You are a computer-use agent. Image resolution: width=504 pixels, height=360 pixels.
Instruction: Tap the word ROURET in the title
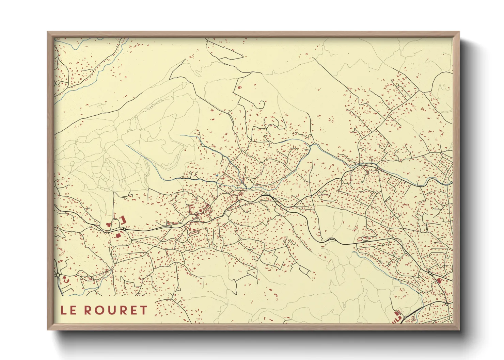point(115,310)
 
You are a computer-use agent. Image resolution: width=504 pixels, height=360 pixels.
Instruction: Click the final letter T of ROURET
point(143,310)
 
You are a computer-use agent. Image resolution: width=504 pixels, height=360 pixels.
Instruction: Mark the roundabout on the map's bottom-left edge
point(58,274)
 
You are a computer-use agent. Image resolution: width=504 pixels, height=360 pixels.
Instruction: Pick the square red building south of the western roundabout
point(119,235)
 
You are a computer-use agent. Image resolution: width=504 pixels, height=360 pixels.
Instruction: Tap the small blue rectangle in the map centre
point(216,176)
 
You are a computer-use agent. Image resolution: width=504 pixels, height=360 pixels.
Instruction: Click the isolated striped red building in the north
point(239,87)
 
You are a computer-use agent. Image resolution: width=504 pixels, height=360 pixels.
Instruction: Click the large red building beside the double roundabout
point(439,281)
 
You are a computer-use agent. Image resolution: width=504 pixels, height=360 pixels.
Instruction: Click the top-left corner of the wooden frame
point(48,32)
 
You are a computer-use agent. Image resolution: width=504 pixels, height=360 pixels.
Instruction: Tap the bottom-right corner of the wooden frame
point(459,329)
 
